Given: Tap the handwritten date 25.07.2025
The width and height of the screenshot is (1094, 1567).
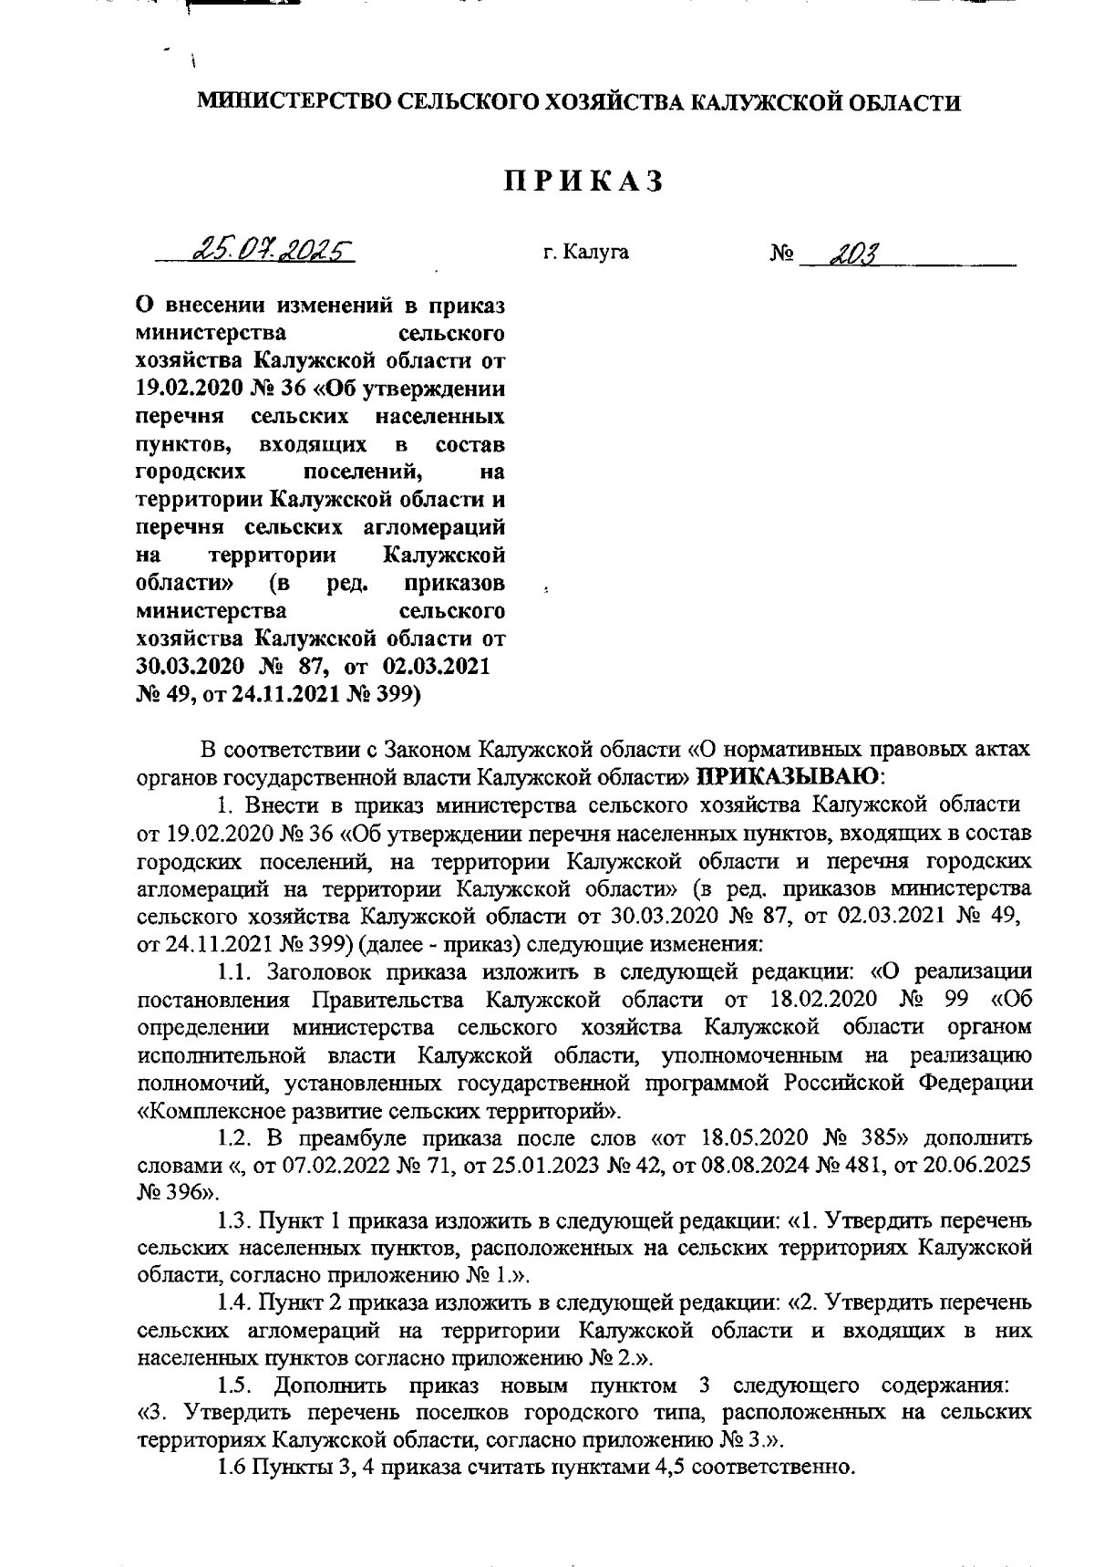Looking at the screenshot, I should (x=271, y=249).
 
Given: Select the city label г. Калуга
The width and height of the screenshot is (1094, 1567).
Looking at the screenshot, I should (x=585, y=252).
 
